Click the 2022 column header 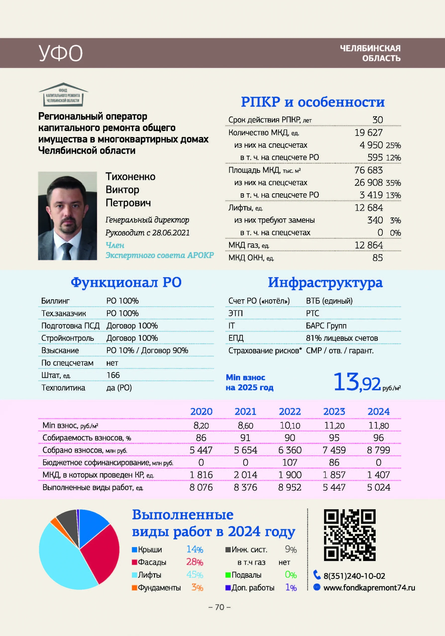[290, 412]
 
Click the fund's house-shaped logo [63, 95]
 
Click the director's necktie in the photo [67, 251]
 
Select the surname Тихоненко [130, 177]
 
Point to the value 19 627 [368, 133]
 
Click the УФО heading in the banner [60, 53]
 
